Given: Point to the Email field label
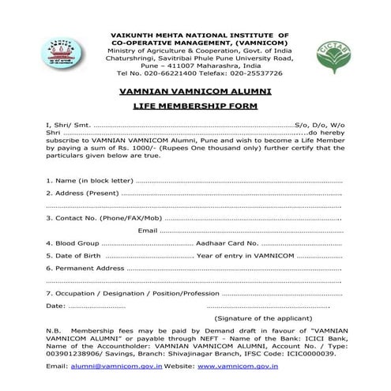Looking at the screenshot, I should (x=147, y=230).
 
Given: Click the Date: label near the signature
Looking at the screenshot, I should (x=56, y=305).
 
